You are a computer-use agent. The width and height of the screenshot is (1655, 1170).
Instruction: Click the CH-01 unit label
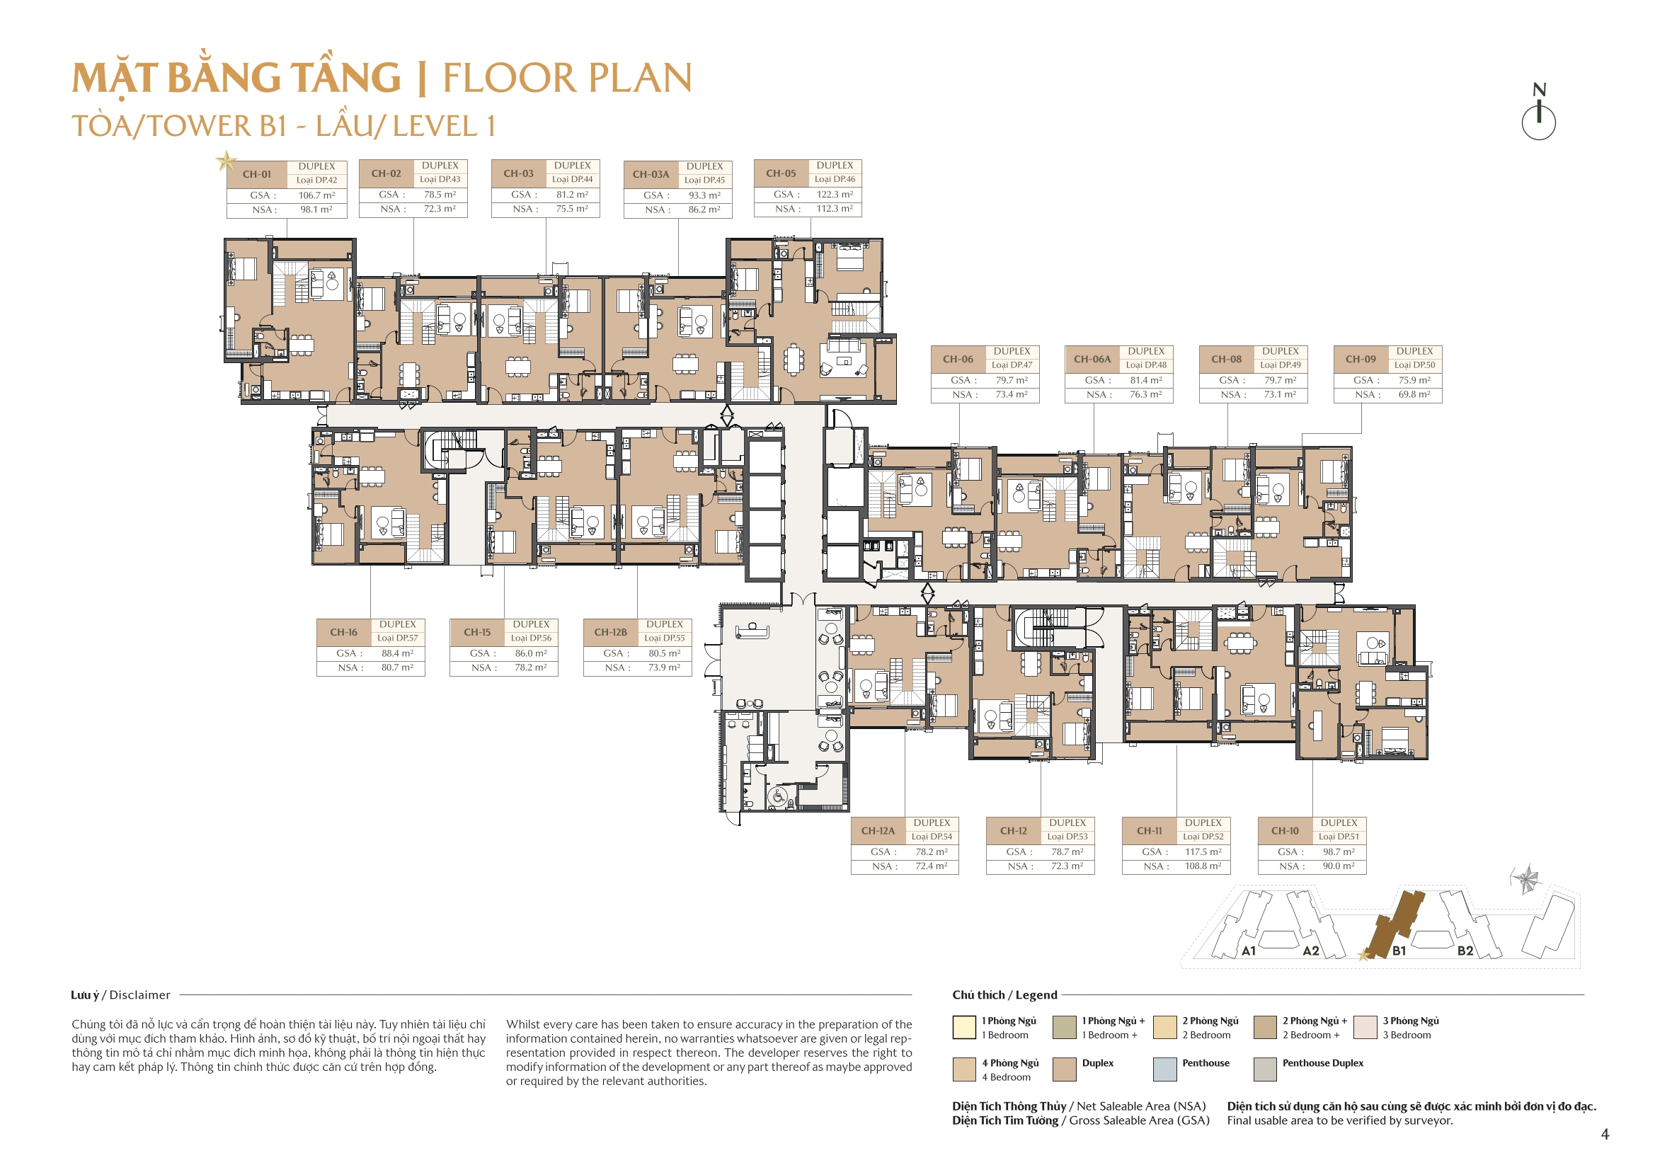257,173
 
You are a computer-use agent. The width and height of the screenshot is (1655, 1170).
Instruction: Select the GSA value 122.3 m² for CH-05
835,194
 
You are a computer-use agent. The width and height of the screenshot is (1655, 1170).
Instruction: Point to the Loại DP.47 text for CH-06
1012,365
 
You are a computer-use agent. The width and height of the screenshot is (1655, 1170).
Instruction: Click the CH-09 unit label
1361,359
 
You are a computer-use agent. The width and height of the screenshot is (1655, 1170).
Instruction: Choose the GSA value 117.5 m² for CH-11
1203,851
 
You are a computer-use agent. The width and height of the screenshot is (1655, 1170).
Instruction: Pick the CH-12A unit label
878,830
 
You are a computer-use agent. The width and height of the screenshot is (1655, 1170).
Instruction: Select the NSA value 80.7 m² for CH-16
397,667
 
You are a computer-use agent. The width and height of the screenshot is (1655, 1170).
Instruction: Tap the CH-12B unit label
610,632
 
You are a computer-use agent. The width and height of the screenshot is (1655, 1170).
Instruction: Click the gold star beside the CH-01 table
227,161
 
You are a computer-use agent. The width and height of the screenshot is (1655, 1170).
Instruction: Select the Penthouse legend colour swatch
1165,1069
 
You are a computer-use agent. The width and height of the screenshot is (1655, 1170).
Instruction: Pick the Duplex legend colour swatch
1065,1069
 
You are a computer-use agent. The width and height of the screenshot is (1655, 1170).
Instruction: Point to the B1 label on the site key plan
1398,951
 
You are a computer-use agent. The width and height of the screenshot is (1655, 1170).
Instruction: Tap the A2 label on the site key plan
1310,951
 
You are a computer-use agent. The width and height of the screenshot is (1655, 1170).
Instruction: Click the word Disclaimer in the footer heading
140,995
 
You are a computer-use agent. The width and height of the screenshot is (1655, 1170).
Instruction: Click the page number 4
1605,1134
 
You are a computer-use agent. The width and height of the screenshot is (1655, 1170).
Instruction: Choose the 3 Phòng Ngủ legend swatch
1365,1027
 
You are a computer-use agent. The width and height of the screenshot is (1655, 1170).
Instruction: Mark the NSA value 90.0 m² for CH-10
1339,866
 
